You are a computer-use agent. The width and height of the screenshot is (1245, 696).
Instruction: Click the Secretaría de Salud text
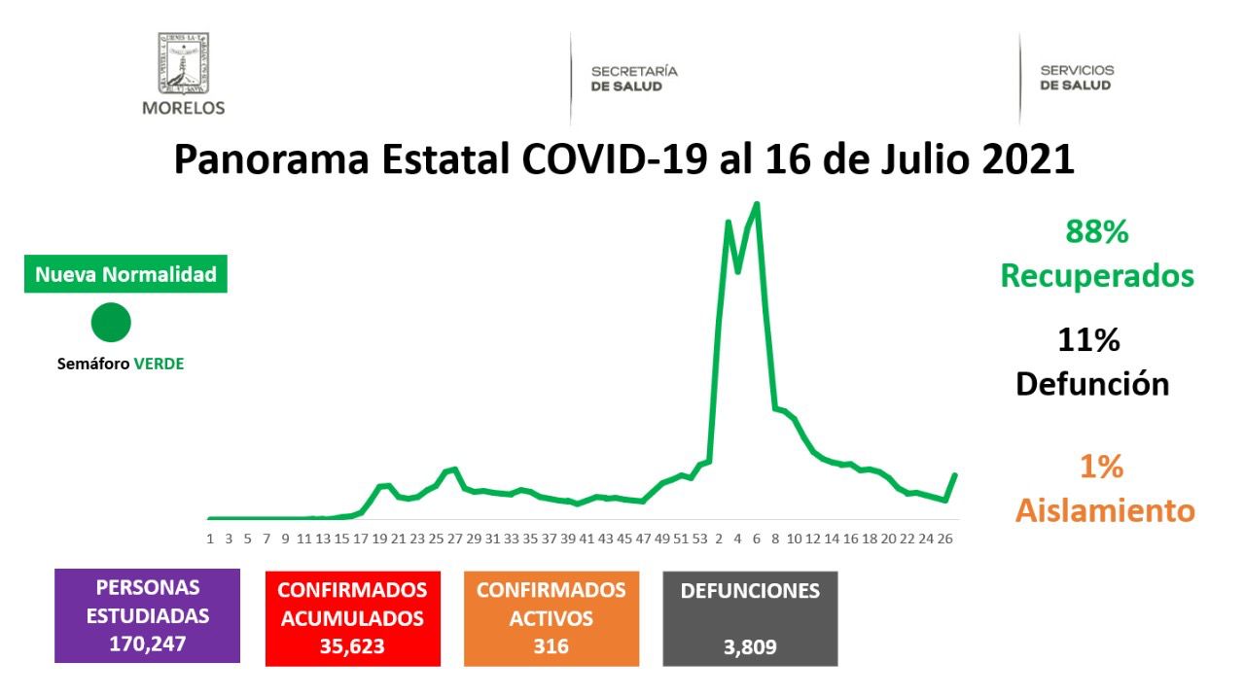coord(634,79)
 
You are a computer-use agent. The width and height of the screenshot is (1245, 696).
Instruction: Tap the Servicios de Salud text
coord(1077,78)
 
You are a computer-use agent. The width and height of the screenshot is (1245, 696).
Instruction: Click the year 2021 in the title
coord(1029,159)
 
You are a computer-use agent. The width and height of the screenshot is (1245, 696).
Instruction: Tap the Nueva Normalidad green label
coord(125,275)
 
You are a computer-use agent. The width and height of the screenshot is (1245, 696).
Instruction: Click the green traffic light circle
coord(111,323)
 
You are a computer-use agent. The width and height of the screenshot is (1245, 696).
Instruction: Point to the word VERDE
coord(159,365)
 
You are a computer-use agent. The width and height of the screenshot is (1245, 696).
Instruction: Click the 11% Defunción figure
coord(1091,363)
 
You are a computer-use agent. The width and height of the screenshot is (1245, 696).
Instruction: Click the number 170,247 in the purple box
coord(147,643)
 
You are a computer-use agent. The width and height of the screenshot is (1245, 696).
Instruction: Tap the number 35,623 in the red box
coord(352,645)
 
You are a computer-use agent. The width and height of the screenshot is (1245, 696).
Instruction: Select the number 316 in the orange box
coord(551,645)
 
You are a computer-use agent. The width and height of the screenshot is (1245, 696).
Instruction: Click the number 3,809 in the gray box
coord(750,645)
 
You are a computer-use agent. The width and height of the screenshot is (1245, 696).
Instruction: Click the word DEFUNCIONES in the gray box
coord(750,591)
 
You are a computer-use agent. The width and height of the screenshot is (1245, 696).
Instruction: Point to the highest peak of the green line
coord(757,203)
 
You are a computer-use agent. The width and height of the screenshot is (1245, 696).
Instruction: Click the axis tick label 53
coord(699,538)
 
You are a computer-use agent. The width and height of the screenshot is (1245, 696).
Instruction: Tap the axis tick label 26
coord(943,538)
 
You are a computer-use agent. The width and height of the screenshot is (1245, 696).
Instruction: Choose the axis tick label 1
coord(210,538)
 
